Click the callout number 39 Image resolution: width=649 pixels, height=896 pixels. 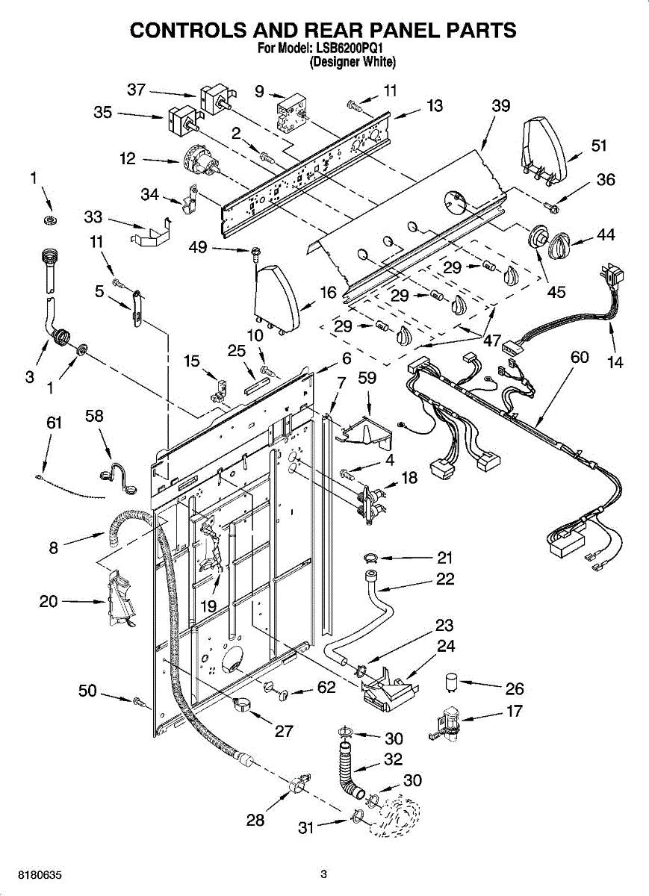500,106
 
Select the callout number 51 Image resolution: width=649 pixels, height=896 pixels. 598,146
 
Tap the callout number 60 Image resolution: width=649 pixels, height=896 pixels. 580,357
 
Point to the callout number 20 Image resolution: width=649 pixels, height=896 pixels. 49,601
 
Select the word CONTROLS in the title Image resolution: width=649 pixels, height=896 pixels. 185,30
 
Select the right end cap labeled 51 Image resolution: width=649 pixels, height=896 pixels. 544,152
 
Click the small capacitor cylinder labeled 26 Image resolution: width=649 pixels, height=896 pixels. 452,682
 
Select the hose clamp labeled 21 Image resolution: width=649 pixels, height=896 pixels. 371,557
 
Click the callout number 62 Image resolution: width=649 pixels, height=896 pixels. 326,687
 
